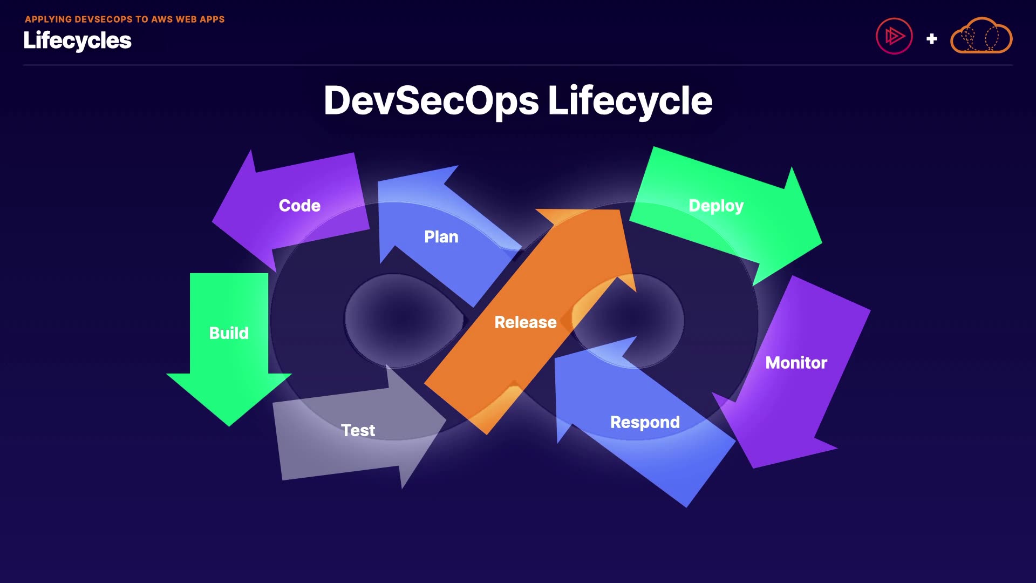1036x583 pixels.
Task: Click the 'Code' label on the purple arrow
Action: pos(299,206)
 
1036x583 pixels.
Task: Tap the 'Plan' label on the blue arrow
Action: pos(441,237)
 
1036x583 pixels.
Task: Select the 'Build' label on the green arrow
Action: pos(229,333)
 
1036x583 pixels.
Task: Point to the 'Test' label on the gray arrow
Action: pos(358,430)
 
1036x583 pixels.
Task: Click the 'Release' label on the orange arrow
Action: pos(525,322)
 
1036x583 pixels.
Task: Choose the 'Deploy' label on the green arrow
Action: pos(716,206)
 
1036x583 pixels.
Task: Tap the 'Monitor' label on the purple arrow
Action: pos(796,363)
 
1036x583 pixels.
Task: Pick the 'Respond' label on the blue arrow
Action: pos(645,422)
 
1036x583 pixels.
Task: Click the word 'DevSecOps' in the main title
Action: pos(431,101)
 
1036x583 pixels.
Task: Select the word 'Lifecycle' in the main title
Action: pos(630,101)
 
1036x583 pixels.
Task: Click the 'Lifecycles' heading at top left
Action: pos(77,40)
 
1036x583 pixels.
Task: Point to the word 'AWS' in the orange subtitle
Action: pos(162,19)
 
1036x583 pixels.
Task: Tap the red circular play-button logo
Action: pos(894,37)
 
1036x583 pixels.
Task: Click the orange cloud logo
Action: pos(981,36)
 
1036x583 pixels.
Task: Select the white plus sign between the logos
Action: pos(931,39)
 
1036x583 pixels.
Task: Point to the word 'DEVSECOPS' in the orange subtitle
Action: pos(104,19)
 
